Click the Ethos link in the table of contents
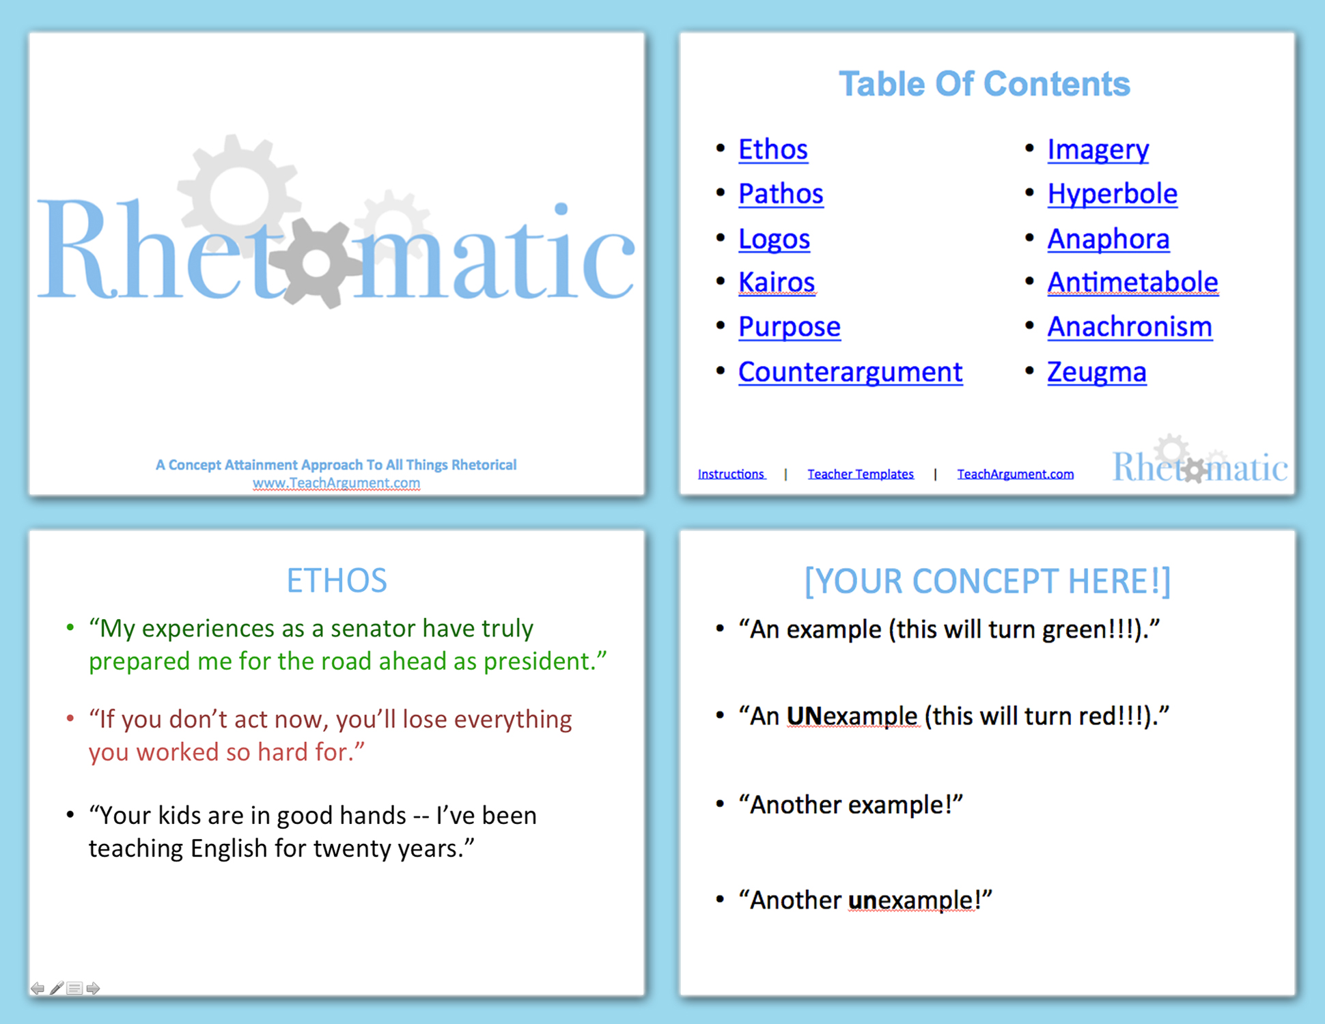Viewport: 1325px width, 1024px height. (x=772, y=150)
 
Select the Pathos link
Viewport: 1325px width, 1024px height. (x=781, y=194)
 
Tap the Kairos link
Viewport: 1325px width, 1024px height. (x=777, y=283)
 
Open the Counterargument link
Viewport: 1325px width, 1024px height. (x=850, y=372)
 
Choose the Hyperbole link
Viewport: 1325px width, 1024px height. (x=1112, y=194)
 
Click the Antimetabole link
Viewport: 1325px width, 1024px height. (x=1132, y=283)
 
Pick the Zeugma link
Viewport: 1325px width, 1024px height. (x=1096, y=372)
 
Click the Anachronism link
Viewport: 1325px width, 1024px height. (x=1130, y=327)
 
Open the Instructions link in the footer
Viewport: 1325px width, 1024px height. (x=731, y=474)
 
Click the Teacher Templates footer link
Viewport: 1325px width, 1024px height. (x=860, y=474)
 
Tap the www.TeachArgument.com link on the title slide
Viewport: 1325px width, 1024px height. (x=336, y=483)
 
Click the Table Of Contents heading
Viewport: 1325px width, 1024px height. (x=984, y=84)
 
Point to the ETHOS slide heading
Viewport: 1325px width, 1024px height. (x=336, y=581)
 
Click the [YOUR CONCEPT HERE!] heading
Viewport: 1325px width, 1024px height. (x=987, y=581)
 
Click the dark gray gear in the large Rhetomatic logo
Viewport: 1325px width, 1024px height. (x=316, y=265)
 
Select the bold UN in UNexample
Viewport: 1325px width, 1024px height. (x=803, y=716)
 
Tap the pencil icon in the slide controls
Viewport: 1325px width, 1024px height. (x=57, y=988)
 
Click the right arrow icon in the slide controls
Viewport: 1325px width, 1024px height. (x=94, y=988)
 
